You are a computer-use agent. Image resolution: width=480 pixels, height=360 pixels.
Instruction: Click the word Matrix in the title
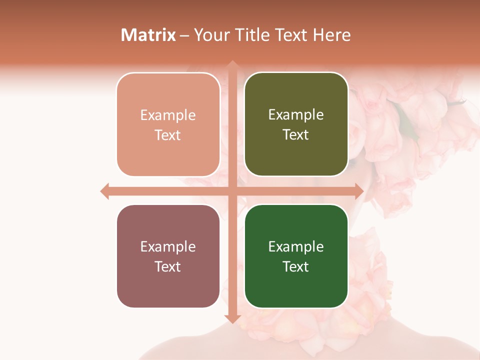(x=148, y=35)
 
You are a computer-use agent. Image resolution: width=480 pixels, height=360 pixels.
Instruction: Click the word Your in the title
(x=211, y=35)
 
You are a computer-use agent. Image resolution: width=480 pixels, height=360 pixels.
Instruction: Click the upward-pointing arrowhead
(x=232, y=64)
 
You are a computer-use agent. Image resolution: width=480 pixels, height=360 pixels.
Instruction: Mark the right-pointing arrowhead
(x=359, y=191)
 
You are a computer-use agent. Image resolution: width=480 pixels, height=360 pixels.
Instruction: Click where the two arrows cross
(x=232, y=191)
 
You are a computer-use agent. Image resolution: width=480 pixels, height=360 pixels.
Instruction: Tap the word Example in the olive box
(x=296, y=115)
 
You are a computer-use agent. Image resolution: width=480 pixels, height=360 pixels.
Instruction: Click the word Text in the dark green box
(x=296, y=266)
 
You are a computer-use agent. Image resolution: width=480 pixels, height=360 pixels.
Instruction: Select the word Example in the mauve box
(x=168, y=246)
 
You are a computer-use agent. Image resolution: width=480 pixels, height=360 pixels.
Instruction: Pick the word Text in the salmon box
(x=168, y=135)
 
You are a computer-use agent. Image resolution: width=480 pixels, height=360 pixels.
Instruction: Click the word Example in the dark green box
(x=296, y=246)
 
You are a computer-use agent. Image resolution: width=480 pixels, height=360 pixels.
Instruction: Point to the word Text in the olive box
(x=296, y=135)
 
